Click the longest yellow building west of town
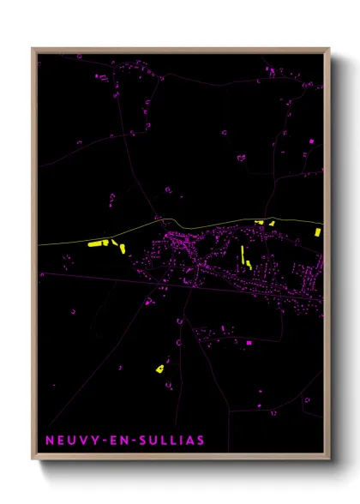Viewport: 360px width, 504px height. coord(96,244)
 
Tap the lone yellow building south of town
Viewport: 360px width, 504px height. coord(159,369)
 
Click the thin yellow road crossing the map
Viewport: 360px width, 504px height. coord(214,223)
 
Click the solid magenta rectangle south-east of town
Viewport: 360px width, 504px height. coord(249,343)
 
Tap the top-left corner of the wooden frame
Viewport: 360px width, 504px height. coord(33,49)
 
